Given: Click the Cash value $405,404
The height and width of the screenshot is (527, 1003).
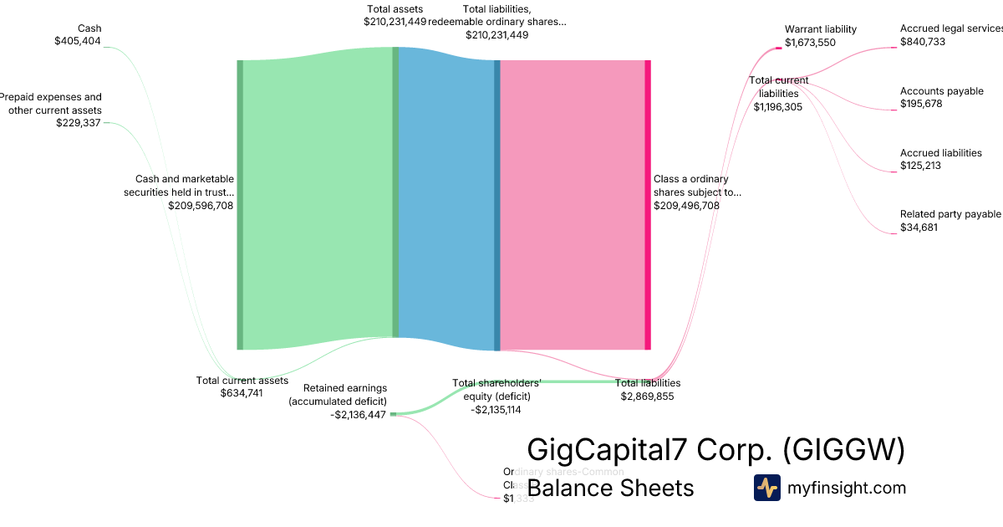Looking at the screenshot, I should pos(78,41).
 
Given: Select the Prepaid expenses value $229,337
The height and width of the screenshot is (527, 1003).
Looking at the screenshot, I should pos(79,123).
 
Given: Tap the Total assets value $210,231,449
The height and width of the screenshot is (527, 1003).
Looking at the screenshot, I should pos(395,22).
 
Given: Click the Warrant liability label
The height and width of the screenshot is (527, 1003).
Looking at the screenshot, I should pos(821,29).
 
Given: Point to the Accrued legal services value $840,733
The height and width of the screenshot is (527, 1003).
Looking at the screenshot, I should pos(923,42).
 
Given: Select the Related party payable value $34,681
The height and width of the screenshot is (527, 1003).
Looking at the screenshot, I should pos(919,228).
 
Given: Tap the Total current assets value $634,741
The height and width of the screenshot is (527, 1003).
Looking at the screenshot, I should pos(242,393).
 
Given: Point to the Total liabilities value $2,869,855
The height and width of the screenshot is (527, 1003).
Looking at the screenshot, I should pos(647,397).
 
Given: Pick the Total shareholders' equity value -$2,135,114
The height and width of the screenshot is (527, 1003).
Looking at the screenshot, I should pos(496,410).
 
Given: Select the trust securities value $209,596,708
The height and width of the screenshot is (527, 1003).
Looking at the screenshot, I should pos(201,205).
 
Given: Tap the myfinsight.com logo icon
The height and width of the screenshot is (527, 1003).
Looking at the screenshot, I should pos(766,488).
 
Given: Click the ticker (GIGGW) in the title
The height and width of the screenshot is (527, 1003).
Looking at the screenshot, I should pos(844,451).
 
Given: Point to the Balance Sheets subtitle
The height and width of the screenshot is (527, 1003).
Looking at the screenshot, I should pos(610,489).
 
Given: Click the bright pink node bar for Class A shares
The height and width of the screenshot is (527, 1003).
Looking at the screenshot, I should pos(648,205).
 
